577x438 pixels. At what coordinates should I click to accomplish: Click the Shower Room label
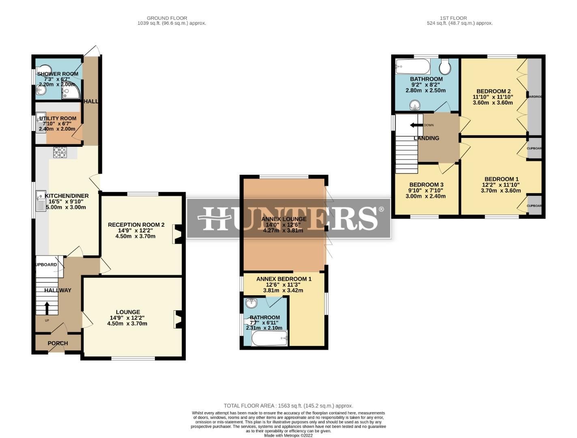pyautogui.click(x=58, y=74)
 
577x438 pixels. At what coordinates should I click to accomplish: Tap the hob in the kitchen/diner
pyautogui.click(x=59, y=152)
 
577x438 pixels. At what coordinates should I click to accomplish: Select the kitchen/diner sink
pyautogui.click(x=41, y=201)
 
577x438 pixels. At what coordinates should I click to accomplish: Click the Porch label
pyautogui.click(x=58, y=343)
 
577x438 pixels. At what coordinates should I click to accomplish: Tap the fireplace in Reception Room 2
pyautogui.click(x=177, y=234)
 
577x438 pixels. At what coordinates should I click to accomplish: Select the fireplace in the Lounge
pyautogui.click(x=177, y=319)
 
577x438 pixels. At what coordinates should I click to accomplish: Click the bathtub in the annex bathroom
pyautogui.click(x=269, y=338)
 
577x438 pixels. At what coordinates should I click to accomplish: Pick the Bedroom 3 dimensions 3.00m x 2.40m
pyautogui.click(x=425, y=196)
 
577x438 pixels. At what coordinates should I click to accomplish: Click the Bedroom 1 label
pyautogui.click(x=501, y=179)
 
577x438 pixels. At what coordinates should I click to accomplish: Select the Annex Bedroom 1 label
pyautogui.click(x=283, y=279)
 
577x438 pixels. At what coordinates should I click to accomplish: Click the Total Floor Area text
pyautogui.click(x=288, y=406)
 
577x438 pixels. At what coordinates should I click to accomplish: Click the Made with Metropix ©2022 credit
pyautogui.click(x=288, y=435)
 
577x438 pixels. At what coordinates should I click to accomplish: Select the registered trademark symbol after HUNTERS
pyautogui.click(x=381, y=209)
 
